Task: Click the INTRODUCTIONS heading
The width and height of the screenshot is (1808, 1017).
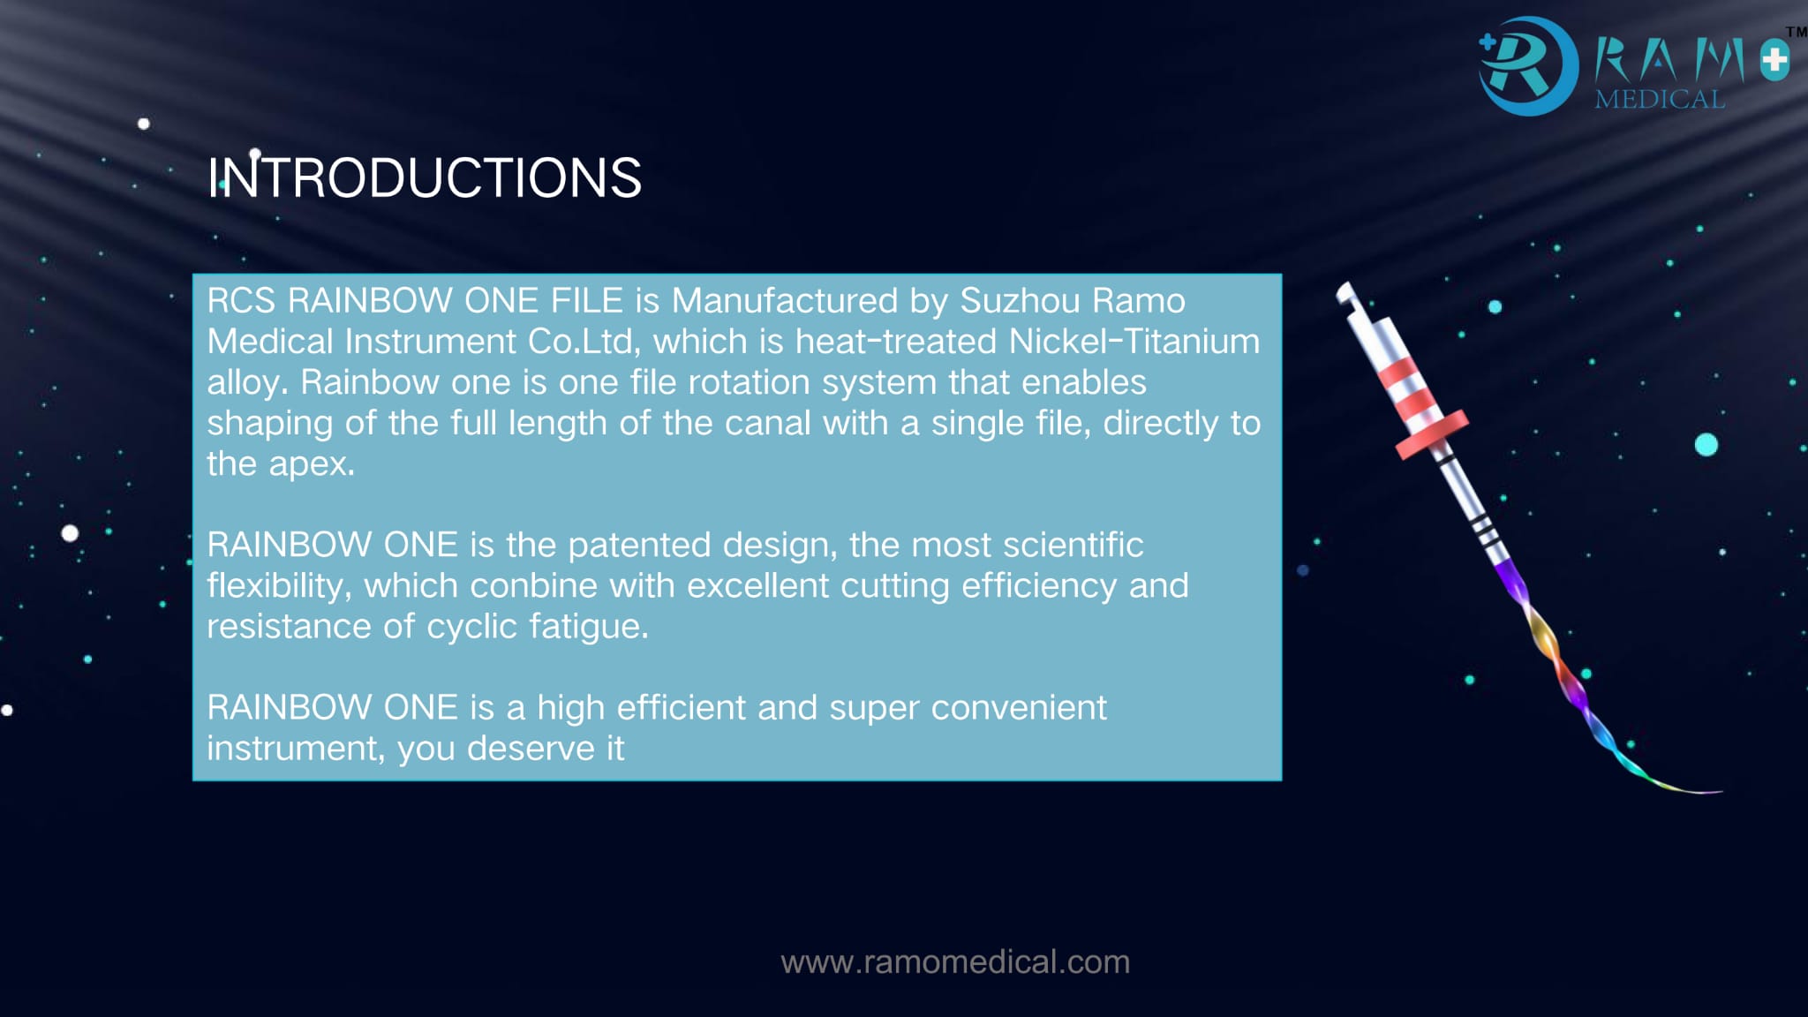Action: click(x=425, y=177)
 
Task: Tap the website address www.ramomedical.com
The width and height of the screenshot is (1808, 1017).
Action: click(x=955, y=961)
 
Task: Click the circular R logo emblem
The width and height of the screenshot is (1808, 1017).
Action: click(x=1528, y=66)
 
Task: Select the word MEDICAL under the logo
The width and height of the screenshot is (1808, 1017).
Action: click(x=1660, y=99)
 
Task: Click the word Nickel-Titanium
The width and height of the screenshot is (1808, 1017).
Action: click(x=1134, y=342)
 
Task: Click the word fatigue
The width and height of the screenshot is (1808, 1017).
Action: click(x=589, y=627)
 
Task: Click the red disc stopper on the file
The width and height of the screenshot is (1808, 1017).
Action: click(x=1432, y=434)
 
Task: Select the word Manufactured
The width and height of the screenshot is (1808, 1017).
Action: click(x=785, y=301)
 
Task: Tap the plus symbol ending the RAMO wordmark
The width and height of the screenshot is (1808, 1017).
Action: click(x=1774, y=61)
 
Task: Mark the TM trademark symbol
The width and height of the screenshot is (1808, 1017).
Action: click(x=1797, y=32)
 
